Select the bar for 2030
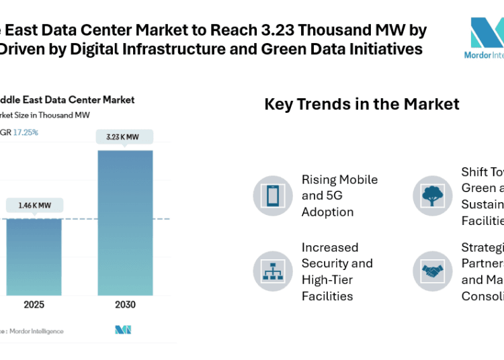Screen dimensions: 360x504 (x=125, y=222)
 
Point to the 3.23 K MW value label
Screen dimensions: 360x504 (x=125, y=137)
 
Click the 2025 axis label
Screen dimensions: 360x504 (x=34, y=304)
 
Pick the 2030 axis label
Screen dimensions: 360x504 (x=125, y=304)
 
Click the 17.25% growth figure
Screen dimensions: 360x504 (x=26, y=132)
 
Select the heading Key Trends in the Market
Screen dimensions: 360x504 (x=362, y=104)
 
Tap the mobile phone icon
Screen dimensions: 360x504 (x=273, y=196)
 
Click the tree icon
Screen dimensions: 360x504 (x=431, y=196)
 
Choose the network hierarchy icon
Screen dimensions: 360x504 (x=273, y=271)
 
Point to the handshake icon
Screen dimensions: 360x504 (x=431, y=271)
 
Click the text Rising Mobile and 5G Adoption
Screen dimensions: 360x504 (x=339, y=196)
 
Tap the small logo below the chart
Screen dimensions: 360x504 (x=123, y=330)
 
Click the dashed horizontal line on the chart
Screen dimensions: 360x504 (x=81, y=219)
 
